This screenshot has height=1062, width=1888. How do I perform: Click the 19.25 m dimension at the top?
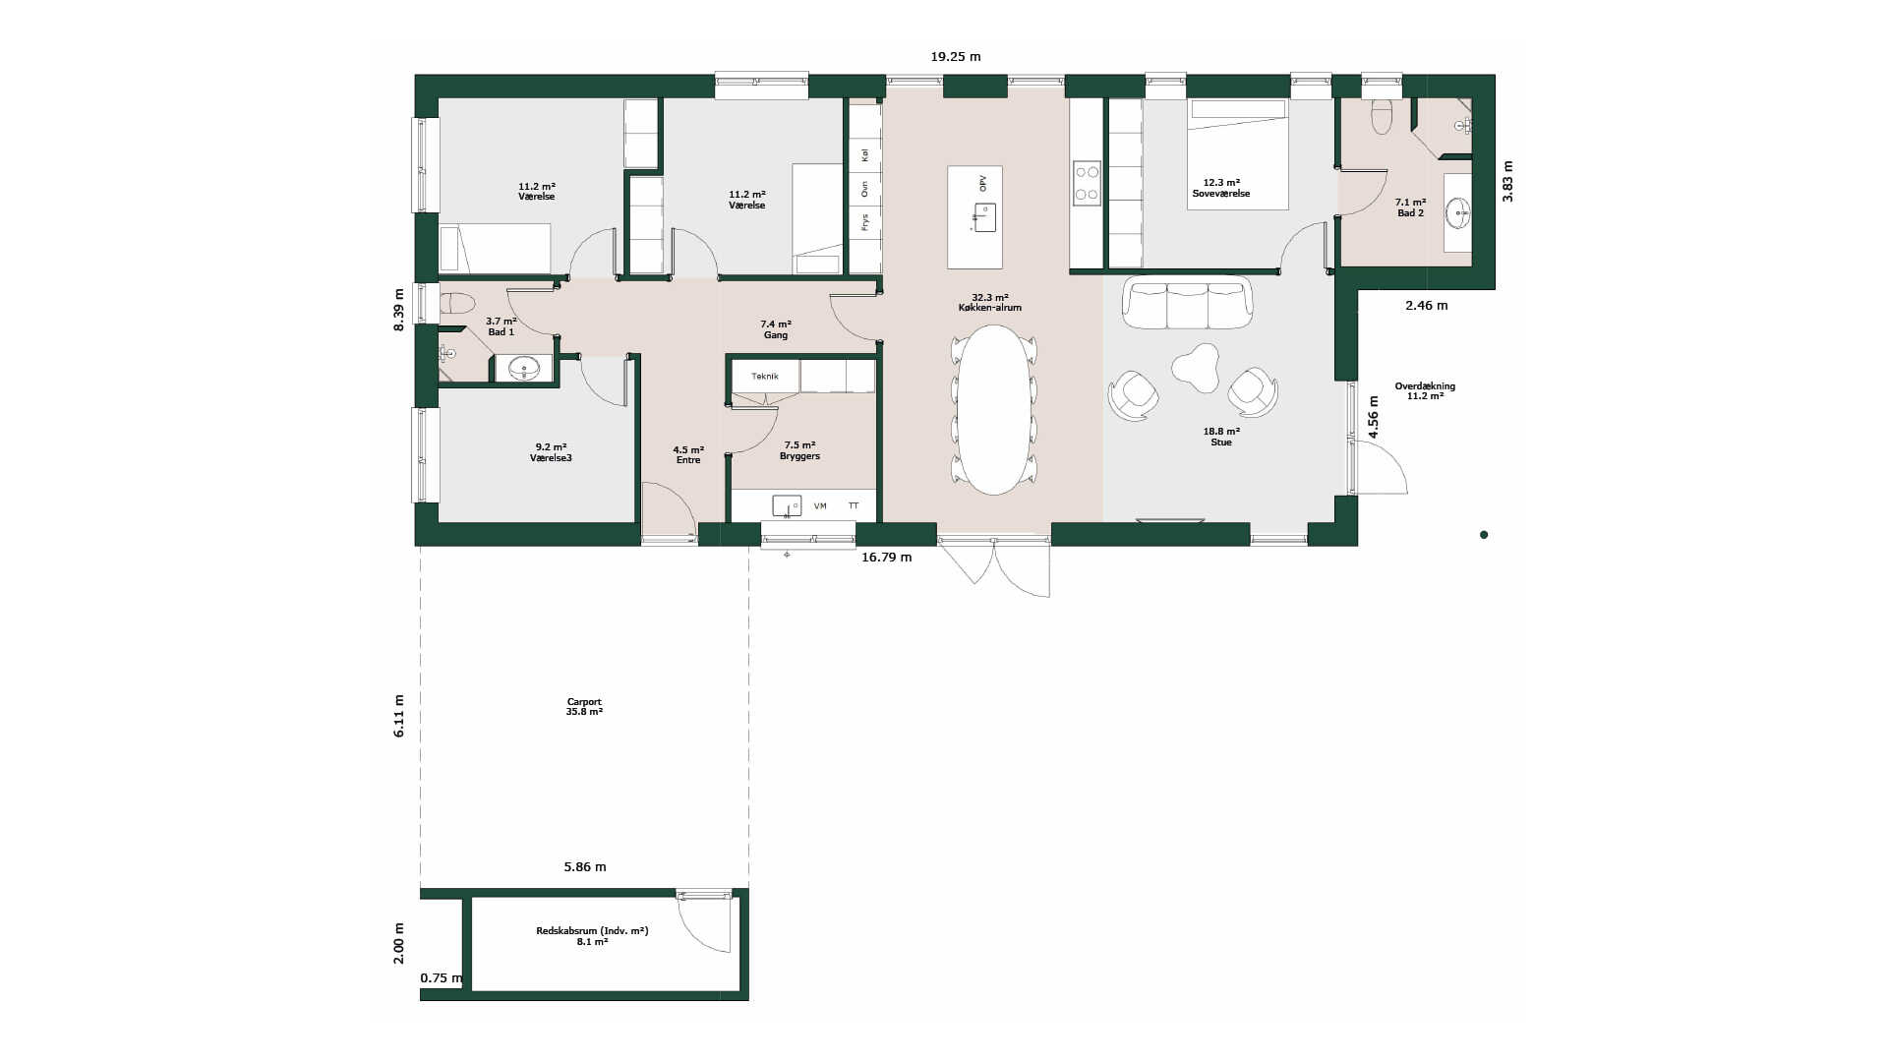pos(956,57)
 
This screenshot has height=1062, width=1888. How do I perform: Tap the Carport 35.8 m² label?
pos(584,707)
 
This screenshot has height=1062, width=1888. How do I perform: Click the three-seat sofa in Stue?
pos(1188,304)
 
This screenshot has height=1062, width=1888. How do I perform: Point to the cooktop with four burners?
pos(1087,184)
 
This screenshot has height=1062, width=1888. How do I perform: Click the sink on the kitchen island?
pos(984,216)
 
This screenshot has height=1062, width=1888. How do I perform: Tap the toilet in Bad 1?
pos(456,304)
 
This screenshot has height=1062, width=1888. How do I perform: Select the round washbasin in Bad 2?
pos(1458,210)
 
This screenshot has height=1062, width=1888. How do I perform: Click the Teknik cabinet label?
pos(764,377)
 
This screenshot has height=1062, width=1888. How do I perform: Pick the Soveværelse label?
pos(1221,194)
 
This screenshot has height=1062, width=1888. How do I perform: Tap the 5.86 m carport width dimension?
pos(585,867)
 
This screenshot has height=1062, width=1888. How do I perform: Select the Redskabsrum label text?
pos(592,931)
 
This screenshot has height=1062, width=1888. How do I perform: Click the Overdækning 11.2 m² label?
pos(1425,391)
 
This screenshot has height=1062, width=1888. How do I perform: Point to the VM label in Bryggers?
pos(820,506)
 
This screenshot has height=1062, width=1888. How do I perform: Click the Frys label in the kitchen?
pos(864,222)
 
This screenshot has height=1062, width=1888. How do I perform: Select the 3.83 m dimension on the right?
pos(1508,182)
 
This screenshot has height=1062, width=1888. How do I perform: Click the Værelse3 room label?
pos(551,458)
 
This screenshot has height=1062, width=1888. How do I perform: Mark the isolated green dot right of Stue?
pos(1484,535)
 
